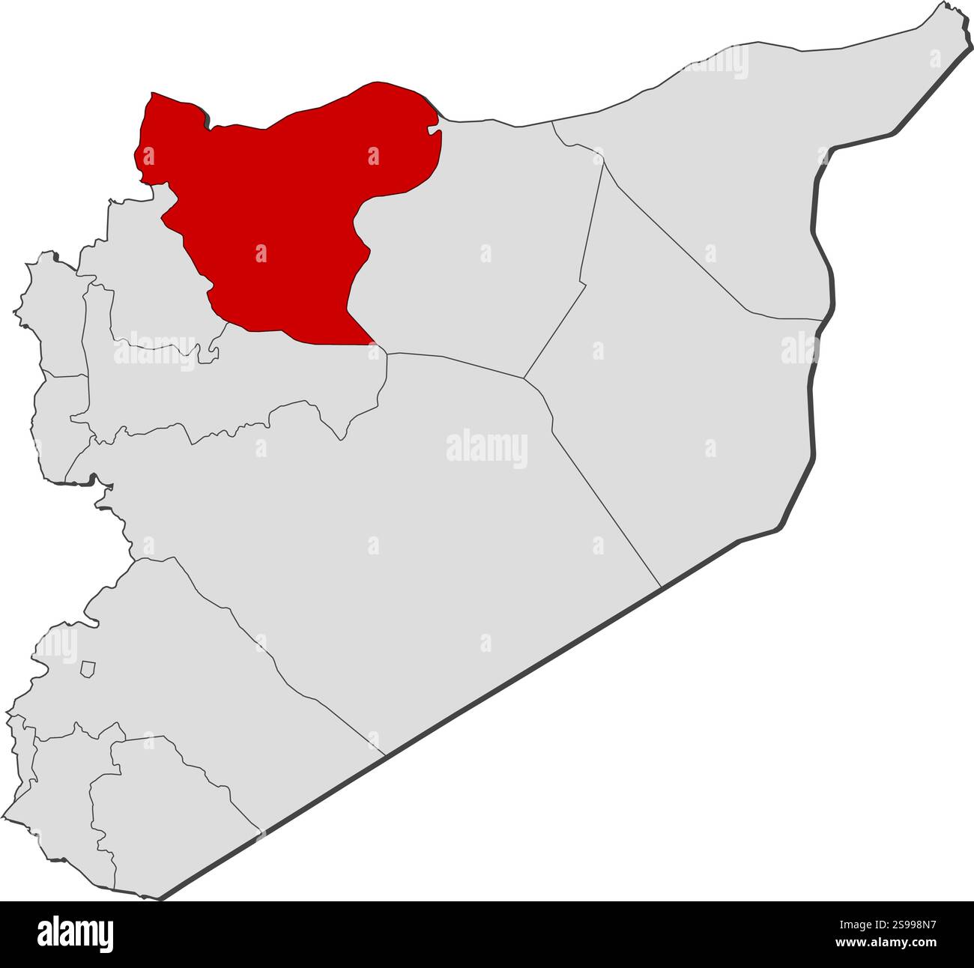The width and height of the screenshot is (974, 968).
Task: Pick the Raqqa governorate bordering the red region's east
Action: (480, 247)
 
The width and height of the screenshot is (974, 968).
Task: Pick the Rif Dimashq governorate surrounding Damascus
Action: (187, 674)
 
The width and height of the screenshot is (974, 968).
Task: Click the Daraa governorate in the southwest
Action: (67, 794)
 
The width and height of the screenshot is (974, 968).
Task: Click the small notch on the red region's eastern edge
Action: (432, 133)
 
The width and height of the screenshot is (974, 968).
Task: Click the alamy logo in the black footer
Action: (75, 934)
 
